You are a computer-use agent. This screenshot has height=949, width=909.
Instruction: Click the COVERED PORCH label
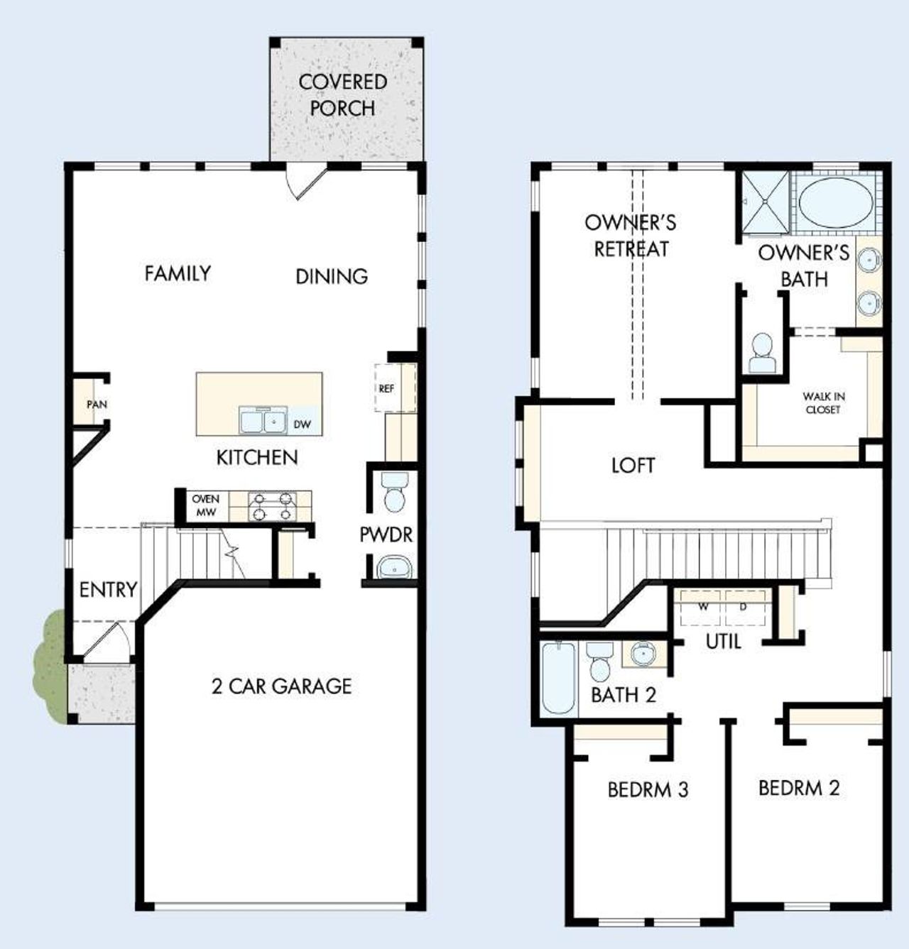[x=343, y=95]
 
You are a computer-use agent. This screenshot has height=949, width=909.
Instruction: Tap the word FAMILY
[x=178, y=273]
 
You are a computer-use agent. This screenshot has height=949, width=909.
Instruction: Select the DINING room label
[x=332, y=276]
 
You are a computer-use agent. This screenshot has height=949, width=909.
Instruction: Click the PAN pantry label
[x=97, y=405]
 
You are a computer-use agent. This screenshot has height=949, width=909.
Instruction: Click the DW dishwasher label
[x=302, y=425]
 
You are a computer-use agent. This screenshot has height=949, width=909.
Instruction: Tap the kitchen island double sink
[x=263, y=421]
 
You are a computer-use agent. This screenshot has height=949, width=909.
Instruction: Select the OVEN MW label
[x=205, y=505]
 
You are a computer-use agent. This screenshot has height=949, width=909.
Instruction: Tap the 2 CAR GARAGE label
[x=281, y=686]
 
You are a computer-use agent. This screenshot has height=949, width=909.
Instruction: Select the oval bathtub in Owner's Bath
[x=835, y=201]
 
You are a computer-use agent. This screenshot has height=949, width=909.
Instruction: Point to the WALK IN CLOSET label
[x=823, y=403]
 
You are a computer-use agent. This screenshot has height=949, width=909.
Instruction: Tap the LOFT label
[x=633, y=466]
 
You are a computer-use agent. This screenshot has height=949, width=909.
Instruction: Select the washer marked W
[x=702, y=607]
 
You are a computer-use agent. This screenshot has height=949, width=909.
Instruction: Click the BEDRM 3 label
[x=648, y=790]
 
